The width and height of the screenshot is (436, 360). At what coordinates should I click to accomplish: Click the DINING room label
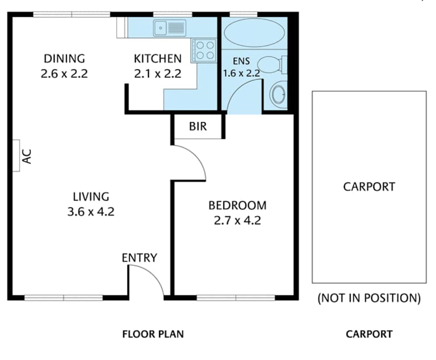pyautogui.click(x=64, y=58)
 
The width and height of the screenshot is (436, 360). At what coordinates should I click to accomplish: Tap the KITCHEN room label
pyautogui.click(x=157, y=58)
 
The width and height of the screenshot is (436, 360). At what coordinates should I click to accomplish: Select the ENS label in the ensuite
pyautogui.click(x=241, y=60)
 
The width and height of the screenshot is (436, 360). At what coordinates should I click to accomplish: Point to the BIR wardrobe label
pyautogui.click(x=197, y=127)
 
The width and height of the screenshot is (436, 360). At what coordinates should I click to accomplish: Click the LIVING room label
pyautogui.click(x=91, y=197)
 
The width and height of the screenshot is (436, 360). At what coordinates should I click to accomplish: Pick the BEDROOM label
pyautogui.click(x=237, y=205)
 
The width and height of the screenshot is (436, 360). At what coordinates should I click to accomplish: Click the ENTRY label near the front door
pyautogui.click(x=140, y=258)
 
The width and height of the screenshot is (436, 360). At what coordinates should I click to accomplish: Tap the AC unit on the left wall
pyautogui.click(x=15, y=155)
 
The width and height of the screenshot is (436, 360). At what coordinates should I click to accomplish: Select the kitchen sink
pyautogui.click(x=170, y=28)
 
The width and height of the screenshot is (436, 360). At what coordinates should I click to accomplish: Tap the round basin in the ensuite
pyautogui.click(x=278, y=95)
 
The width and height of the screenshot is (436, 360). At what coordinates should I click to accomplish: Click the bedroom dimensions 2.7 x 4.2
pyautogui.click(x=237, y=221)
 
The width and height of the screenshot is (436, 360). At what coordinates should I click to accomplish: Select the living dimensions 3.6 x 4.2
pyautogui.click(x=91, y=212)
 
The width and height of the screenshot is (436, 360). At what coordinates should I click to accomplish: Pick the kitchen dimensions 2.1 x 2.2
pyautogui.click(x=157, y=74)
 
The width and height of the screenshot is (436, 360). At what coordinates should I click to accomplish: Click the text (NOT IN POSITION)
pyautogui.click(x=369, y=298)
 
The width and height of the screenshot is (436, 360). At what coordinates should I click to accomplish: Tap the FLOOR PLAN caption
pyautogui.click(x=153, y=334)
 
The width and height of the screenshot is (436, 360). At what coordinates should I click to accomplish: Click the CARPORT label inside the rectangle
pyautogui.click(x=369, y=186)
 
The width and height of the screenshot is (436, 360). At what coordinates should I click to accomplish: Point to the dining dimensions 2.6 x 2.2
pyautogui.click(x=64, y=74)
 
